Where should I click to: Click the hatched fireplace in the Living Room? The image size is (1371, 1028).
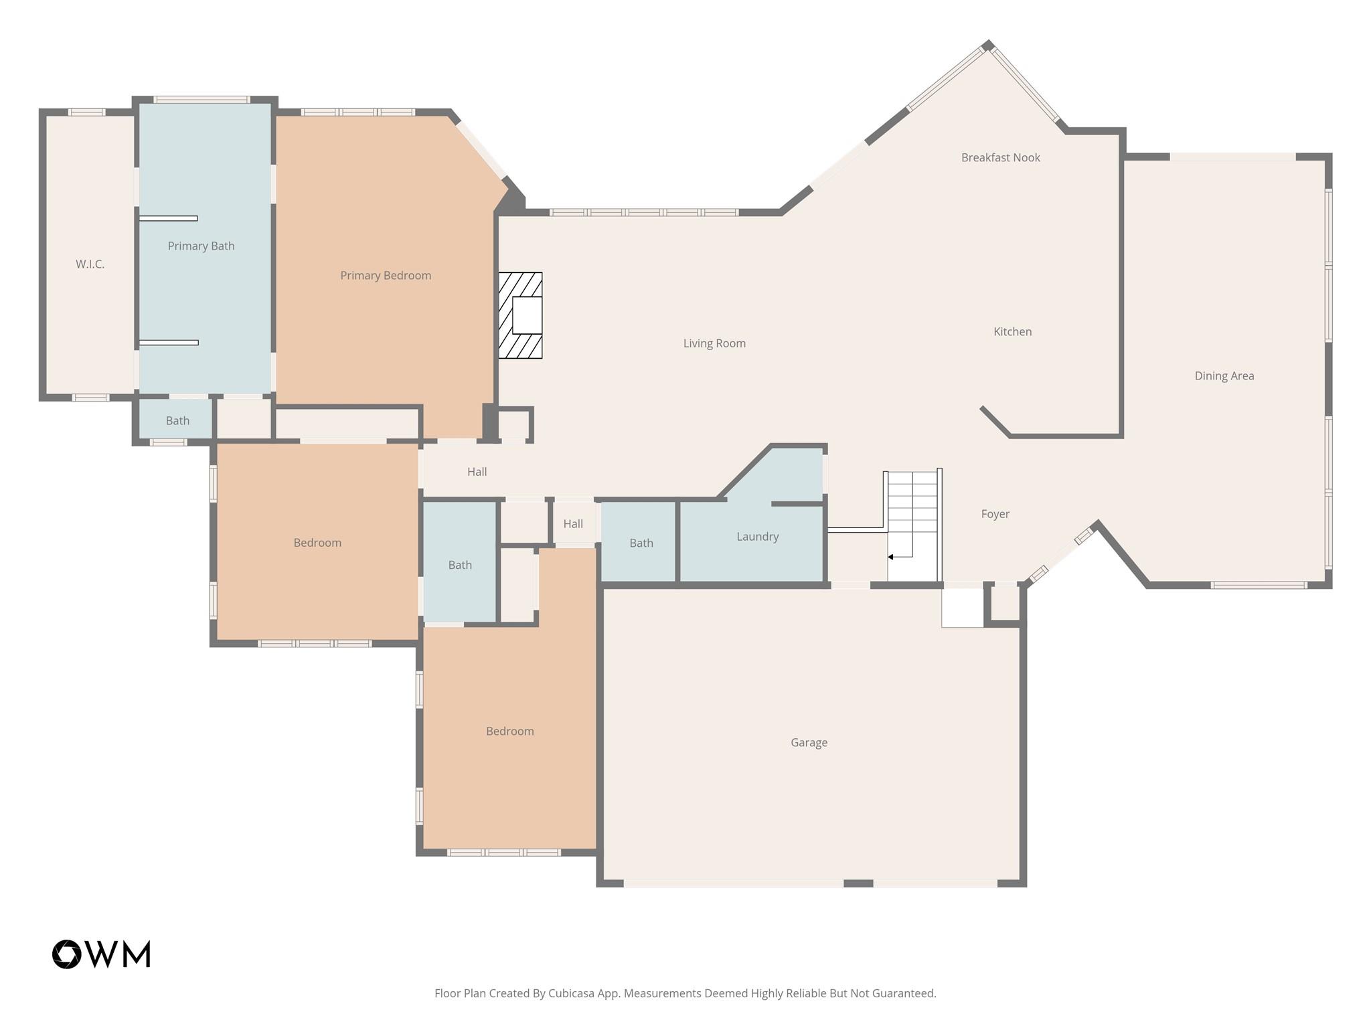click(520, 315)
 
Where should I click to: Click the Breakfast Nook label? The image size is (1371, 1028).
click(1000, 158)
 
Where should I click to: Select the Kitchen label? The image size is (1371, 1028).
click(1012, 332)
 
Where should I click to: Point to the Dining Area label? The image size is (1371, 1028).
click(1224, 376)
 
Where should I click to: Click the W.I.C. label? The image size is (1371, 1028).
click(90, 264)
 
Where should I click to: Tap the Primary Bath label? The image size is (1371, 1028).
click(201, 246)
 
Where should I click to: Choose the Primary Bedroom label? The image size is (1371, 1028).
click(386, 276)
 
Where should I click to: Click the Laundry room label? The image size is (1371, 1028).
click(757, 537)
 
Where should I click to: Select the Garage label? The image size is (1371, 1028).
click(809, 743)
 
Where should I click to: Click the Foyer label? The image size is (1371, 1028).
click(995, 514)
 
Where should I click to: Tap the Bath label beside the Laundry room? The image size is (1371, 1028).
click(641, 543)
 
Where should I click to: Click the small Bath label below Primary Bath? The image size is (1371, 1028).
click(177, 421)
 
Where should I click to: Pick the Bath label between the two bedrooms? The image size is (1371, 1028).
click(460, 566)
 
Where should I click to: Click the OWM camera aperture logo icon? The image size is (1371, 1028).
click(67, 954)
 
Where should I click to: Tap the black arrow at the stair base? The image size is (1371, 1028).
click(891, 557)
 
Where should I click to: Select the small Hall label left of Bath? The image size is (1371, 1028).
click(573, 524)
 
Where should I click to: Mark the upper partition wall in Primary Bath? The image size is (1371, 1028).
click(168, 218)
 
